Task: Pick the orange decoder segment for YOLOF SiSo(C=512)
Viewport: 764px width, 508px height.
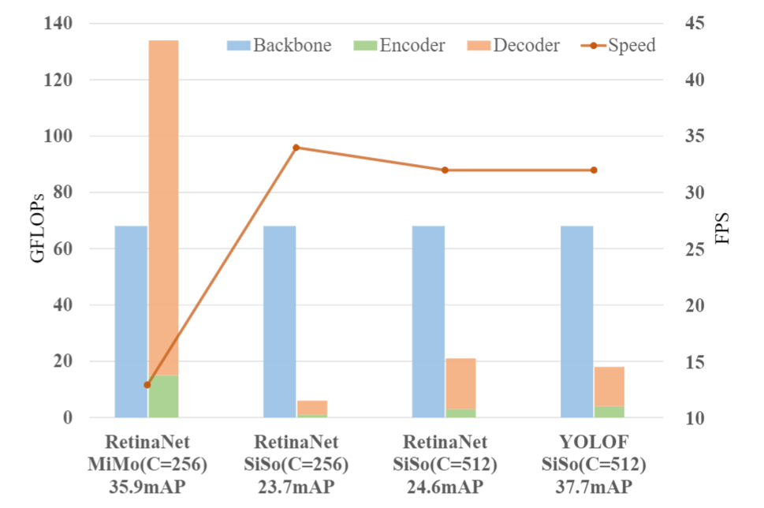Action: click(609, 387)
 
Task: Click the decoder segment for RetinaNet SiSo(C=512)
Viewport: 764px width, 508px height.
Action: click(460, 383)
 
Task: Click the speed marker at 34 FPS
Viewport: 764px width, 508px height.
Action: click(296, 148)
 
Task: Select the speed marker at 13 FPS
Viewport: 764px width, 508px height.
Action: click(147, 385)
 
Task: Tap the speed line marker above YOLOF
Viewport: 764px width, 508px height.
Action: click(594, 170)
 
